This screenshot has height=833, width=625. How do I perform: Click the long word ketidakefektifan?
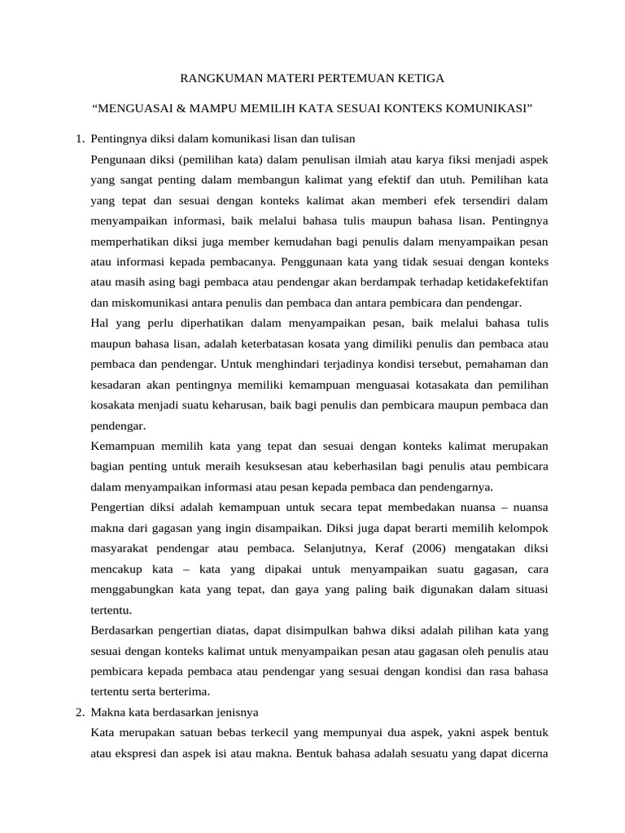coord(503,282)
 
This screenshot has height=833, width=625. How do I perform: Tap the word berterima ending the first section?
coord(183,691)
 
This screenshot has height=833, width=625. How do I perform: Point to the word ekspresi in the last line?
coord(133,752)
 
